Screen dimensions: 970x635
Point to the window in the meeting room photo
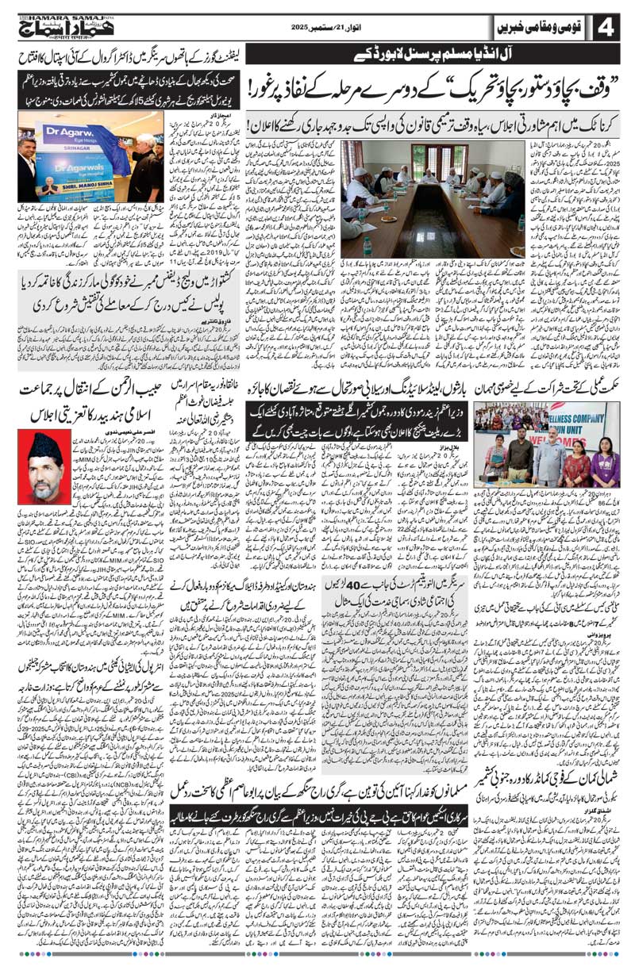point(373,159)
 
